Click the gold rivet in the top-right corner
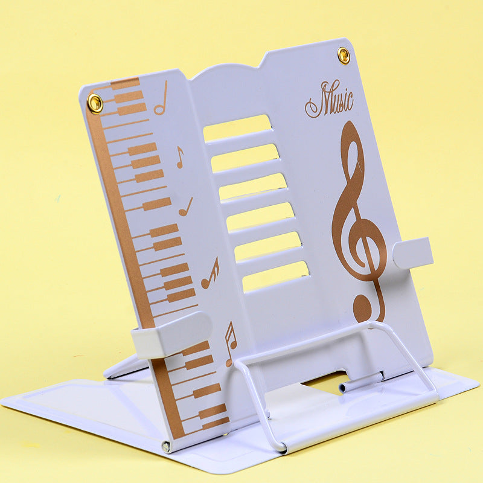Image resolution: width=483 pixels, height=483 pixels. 344,56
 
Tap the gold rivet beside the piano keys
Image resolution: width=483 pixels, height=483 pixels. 95,103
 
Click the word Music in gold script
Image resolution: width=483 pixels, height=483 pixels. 330,100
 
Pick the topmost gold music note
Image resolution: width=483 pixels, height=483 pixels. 161,98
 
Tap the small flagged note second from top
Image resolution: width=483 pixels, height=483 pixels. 180,157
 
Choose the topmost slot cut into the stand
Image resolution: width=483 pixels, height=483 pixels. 237,128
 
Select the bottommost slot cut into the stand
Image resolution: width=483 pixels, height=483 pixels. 276,277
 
